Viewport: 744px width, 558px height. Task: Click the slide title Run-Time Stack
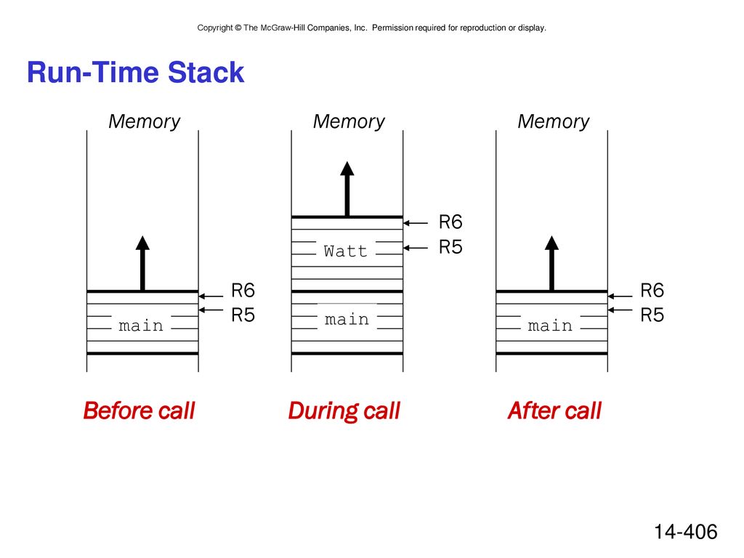pyautogui.click(x=135, y=73)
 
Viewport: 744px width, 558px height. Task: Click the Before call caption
pyautogui.click(x=139, y=411)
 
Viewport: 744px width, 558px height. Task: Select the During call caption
pyautogui.click(x=344, y=411)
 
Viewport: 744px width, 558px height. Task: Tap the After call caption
pyautogui.click(x=554, y=411)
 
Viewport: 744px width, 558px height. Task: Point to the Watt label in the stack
pyautogui.click(x=345, y=251)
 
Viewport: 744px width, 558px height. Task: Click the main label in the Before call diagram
pyautogui.click(x=141, y=325)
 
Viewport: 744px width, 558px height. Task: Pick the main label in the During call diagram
pyautogui.click(x=347, y=320)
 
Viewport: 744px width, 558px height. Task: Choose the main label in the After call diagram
pyautogui.click(x=550, y=325)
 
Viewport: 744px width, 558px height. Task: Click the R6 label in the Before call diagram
pyautogui.click(x=243, y=291)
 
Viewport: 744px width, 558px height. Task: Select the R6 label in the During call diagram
pyautogui.click(x=450, y=222)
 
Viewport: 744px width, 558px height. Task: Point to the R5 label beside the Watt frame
pyautogui.click(x=450, y=247)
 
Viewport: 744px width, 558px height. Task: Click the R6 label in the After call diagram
pyautogui.click(x=652, y=291)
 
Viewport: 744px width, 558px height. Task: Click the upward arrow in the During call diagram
pyautogui.click(x=347, y=189)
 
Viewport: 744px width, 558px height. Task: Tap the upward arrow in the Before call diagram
pyautogui.click(x=142, y=263)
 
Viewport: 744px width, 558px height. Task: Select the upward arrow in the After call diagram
pyautogui.click(x=551, y=263)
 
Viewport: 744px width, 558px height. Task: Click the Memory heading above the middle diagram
pyautogui.click(x=349, y=122)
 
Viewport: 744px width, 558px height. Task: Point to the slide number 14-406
pyautogui.click(x=686, y=532)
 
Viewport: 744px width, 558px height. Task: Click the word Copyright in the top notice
pyautogui.click(x=215, y=28)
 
